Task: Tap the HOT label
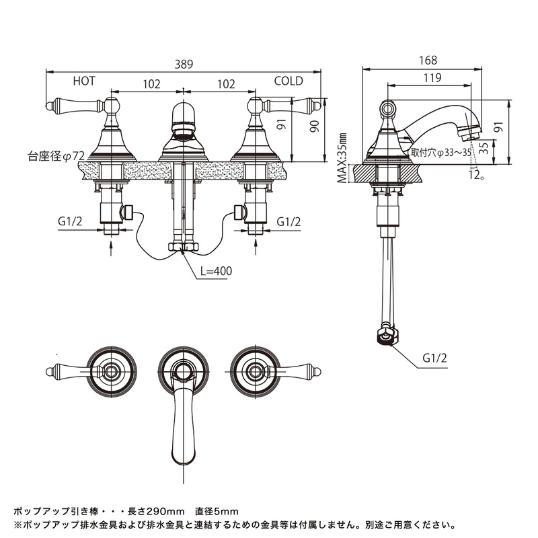coord(84,81)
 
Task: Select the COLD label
coord(289,81)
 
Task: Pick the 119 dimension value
coord(432,78)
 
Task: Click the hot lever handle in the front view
coord(74,105)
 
